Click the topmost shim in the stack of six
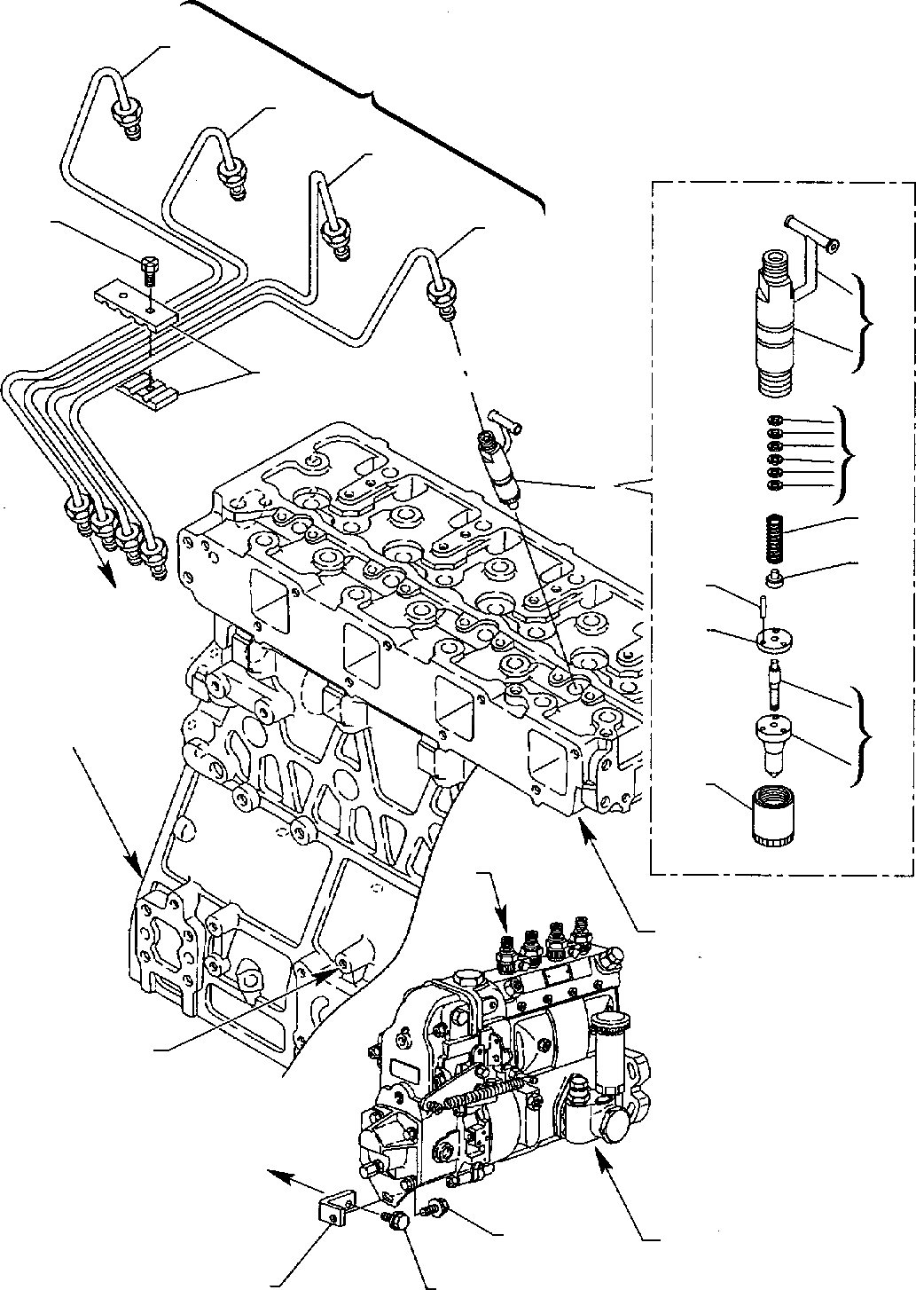click(x=774, y=420)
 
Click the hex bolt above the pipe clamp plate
click(x=148, y=268)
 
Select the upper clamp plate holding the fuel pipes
click(x=137, y=300)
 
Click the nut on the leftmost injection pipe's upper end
click(x=123, y=114)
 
